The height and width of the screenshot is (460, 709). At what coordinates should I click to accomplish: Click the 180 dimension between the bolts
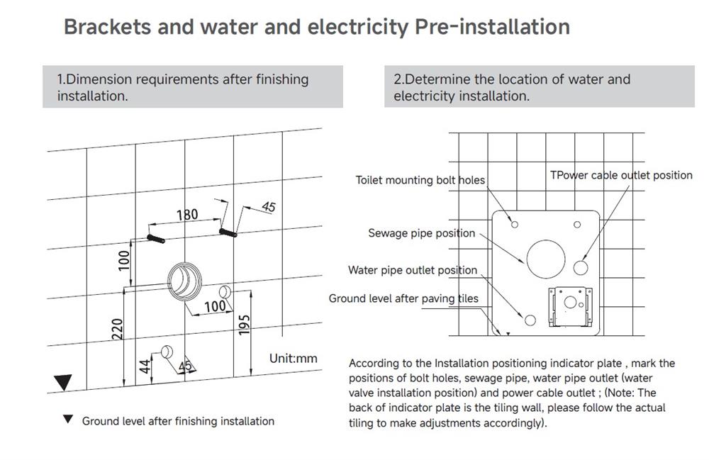(187, 214)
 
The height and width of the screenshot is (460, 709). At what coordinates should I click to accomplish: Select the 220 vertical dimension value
(117, 330)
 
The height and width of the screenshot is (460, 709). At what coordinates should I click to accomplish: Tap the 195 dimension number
(244, 325)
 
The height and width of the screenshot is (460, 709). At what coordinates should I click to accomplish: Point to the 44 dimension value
(144, 366)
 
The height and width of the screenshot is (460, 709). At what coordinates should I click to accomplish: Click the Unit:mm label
(293, 359)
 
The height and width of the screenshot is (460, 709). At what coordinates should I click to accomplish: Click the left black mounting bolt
(155, 239)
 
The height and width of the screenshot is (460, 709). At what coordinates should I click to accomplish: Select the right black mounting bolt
(228, 232)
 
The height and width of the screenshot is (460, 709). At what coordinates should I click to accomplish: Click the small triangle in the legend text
(68, 420)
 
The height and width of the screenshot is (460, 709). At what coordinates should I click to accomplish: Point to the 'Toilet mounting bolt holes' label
(420, 180)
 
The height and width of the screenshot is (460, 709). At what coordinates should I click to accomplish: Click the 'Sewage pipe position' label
(421, 233)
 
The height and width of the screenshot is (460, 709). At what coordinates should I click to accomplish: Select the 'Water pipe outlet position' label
(413, 270)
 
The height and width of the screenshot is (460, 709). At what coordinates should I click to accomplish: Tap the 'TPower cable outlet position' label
(621, 175)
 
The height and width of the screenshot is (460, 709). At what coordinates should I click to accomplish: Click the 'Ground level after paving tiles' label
(403, 298)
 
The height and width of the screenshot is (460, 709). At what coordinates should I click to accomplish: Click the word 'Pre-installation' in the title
(493, 27)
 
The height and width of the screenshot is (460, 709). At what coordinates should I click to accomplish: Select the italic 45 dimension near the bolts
(269, 207)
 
